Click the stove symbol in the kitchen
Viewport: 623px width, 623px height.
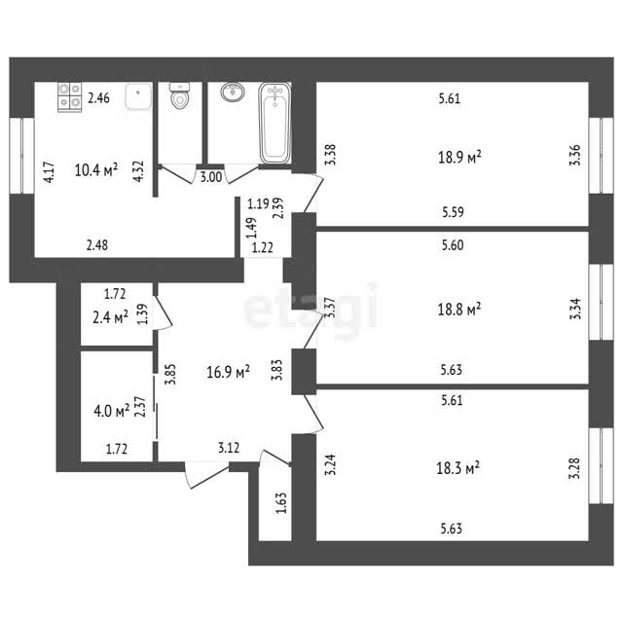(69, 97)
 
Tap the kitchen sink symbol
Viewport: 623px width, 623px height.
(138, 95)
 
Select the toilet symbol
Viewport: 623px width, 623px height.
(179, 95)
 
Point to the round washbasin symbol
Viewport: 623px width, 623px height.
(233, 92)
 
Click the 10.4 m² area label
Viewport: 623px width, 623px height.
(96, 170)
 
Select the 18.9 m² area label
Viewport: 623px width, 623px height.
(459, 157)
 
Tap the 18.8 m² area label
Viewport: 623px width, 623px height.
(459, 309)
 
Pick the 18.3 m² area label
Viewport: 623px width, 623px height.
(458, 467)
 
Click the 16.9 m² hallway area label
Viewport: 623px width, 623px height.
(228, 372)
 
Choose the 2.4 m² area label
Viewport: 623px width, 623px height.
(110, 317)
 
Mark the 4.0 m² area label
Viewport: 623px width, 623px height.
(112, 411)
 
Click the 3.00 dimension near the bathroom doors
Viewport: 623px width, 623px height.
(211, 177)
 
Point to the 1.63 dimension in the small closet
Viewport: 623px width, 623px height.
(281, 502)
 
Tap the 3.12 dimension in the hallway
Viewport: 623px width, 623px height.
(229, 448)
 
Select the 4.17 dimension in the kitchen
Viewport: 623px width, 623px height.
(50, 172)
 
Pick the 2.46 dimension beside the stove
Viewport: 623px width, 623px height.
(99, 97)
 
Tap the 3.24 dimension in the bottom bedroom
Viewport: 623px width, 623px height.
(330, 464)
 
